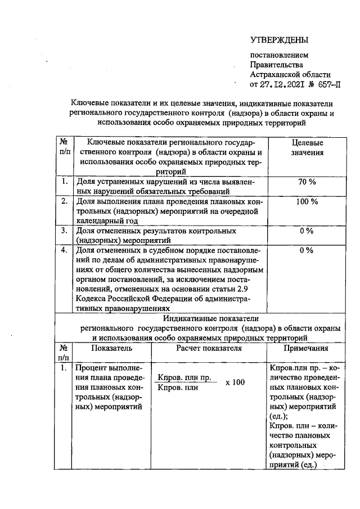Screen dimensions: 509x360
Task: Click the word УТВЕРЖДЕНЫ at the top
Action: point(280,40)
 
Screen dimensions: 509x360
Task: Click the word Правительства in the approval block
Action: point(273,65)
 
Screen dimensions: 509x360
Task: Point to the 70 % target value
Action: point(306,182)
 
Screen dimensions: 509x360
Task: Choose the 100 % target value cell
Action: point(306,201)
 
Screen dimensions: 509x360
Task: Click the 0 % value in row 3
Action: point(306,231)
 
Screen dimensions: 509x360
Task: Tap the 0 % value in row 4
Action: point(306,250)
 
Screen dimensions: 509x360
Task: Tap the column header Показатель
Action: point(111,349)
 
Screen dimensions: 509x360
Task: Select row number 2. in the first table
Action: point(65,201)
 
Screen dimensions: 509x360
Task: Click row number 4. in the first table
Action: point(65,250)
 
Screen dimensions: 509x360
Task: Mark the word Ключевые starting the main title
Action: point(89,103)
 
